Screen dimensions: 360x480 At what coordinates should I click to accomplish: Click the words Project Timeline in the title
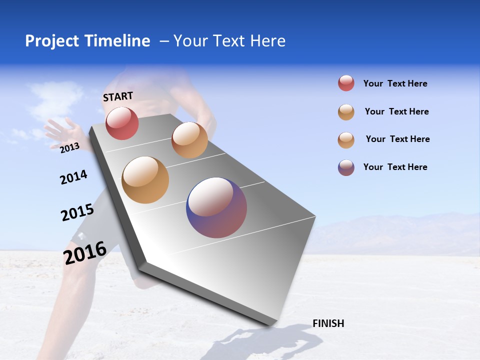coord(87,41)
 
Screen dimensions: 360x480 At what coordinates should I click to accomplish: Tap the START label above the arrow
coord(118,96)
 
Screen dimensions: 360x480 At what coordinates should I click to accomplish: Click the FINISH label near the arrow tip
coord(328,323)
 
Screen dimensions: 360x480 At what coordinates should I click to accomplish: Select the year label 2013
coord(69,147)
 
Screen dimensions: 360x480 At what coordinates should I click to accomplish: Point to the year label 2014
coord(73,177)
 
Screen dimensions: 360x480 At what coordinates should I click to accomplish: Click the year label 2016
coord(85,252)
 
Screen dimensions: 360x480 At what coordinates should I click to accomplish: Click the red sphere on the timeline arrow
coord(122,123)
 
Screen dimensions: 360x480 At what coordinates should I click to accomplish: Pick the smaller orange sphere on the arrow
coord(189,140)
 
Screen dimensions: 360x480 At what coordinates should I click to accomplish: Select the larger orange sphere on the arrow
coord(145,180)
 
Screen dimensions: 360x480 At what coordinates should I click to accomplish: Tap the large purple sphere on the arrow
coord(216,207)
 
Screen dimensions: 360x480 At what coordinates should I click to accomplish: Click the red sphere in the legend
coord(346,83)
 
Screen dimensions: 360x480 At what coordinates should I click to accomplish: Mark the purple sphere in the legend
coord(346,167)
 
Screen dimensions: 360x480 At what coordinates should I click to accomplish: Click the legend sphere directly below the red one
coord(346,112)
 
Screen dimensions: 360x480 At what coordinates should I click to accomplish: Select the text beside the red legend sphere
coord(395,84)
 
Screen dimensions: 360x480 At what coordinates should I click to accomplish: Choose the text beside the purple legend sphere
coord(395,167)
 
